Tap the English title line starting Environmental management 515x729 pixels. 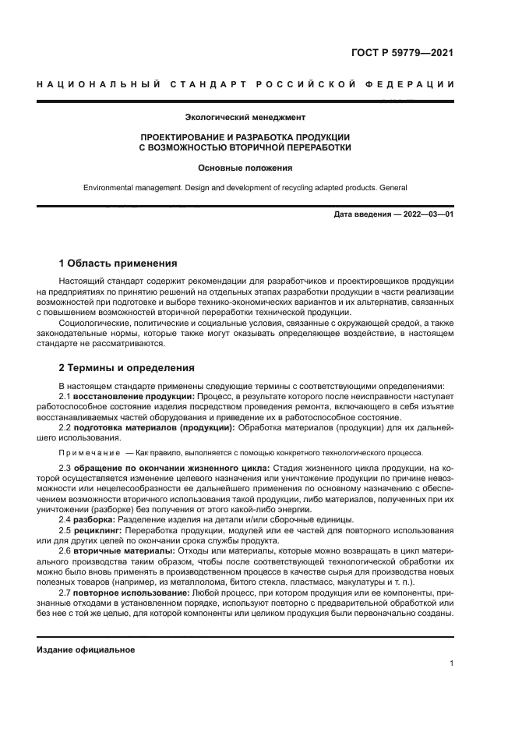click(x=245, y=188)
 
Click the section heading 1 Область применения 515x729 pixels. click(x=118, y=263)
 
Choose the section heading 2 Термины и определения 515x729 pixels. click(x=127, y=367)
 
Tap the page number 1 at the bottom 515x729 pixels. click(x=452, y=664)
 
